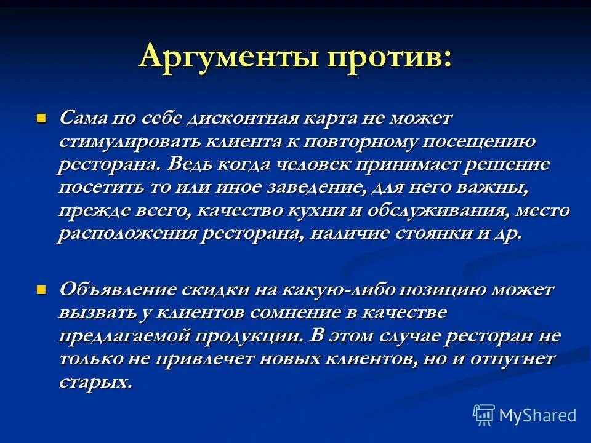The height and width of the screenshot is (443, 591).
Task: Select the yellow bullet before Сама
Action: (42, 116)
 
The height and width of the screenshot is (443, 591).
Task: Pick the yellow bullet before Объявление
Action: (42, 289)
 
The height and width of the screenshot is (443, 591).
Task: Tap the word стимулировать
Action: (127, 142)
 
